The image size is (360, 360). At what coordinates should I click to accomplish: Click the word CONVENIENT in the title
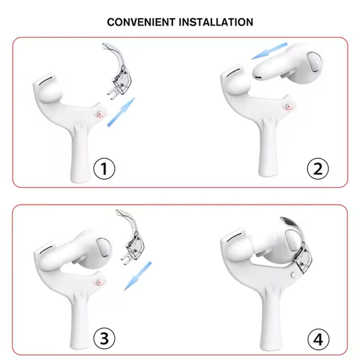pos(141,22)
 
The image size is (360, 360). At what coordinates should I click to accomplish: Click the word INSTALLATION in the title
pos(216,22)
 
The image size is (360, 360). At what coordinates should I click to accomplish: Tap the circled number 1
pos(104,169)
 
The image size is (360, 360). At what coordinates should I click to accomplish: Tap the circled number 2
pos(318,169)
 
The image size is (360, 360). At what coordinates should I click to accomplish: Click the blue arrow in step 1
pos(121,112)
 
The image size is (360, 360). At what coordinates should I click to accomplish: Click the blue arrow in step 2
pos(269,51)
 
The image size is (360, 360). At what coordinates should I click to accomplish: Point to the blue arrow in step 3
pos(138,276)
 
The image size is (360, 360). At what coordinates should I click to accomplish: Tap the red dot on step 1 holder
pos(100,114)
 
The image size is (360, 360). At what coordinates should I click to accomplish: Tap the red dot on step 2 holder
pos(289,107)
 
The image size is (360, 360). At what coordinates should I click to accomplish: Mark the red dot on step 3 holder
pos(99,282)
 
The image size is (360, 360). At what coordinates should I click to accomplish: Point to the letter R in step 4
pos(274,289)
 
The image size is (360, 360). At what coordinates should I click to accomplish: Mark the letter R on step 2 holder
pos(270,120)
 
